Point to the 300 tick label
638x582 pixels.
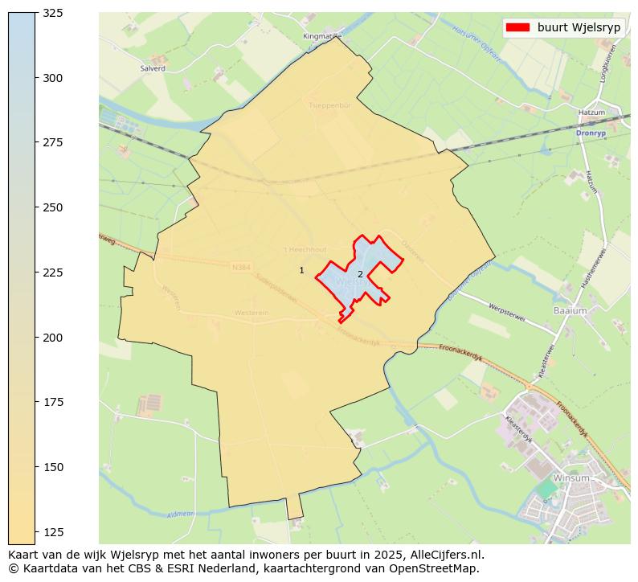(x=52, y=78)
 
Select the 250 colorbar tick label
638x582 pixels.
(x=52, y=207)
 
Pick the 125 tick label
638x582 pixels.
(x=52, y=531)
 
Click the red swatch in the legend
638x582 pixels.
(x=517, y=27)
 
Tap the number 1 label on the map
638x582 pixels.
(x=301, y=271)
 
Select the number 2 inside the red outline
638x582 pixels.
(x=360, y=275)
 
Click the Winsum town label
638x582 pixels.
(x=571, y=478)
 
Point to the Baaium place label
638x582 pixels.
(x=570, y=310)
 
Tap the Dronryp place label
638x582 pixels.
(x=591, y=133)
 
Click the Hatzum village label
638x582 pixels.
(x=591, y=113)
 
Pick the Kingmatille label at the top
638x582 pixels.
(x=322, y=36)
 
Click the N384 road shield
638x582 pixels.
(x=241, y=267)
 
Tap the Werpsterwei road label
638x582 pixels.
(x=507, y=313)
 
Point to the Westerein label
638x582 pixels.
(x=251, y=313)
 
